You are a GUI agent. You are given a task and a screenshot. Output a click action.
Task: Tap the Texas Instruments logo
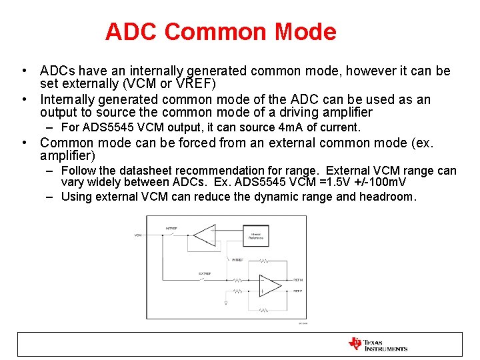(377, 343)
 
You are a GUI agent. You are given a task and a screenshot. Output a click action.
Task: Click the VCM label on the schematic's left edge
(138, 235)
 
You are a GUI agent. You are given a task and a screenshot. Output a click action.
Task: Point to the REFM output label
(298, 280)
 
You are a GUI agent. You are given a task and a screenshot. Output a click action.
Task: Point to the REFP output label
(298, 291)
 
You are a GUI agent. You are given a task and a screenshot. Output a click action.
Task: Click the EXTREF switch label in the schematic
(205, 274)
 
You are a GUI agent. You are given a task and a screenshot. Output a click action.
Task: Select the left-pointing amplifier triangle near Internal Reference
(203, 235)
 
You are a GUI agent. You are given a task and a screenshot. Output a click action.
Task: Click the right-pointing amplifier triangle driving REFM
(269, 285)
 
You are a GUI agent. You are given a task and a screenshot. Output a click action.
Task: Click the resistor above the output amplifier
(265, 261)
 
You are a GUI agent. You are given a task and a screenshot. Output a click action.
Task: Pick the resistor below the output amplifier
(265, 310)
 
